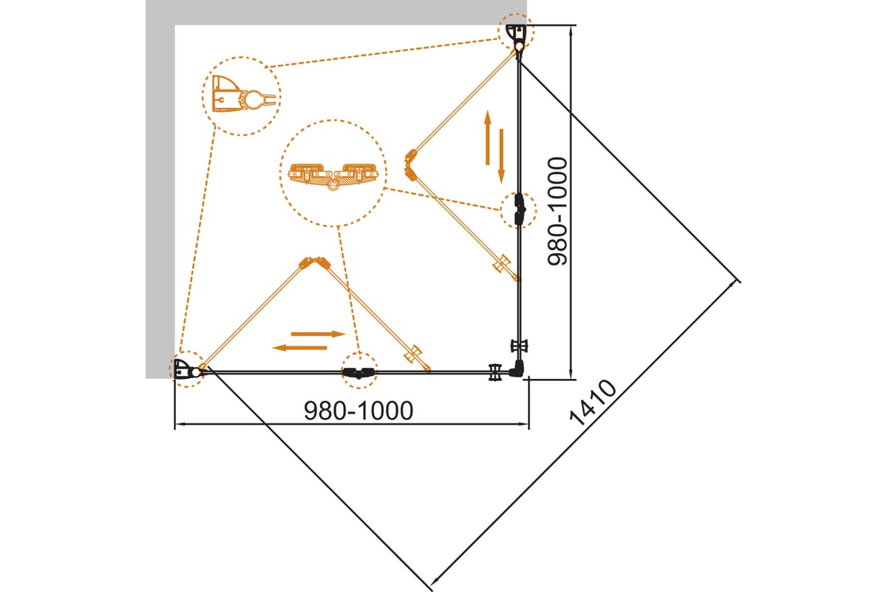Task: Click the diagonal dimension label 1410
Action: click(593, 403)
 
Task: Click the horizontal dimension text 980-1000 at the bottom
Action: click(358, 411)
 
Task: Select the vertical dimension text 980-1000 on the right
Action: click(557, 211)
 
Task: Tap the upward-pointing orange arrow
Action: click(487, 137)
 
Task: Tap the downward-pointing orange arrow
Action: click(501, 156)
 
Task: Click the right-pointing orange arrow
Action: click(319, 334)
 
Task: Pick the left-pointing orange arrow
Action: click(300, 348)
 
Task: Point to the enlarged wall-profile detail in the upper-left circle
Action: click(243, 94)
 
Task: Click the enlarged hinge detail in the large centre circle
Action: click(333, 175)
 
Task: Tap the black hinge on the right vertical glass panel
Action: click(520, 210)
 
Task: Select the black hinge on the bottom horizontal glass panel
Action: click(358, 372)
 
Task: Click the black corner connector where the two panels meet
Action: click(518, 369)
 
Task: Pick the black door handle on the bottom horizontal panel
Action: click(495, 372)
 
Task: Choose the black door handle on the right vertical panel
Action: click(519, 346)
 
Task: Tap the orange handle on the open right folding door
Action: click(502, 263)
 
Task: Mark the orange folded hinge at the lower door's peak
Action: click(314, 263)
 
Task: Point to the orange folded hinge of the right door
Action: click(411, 164)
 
